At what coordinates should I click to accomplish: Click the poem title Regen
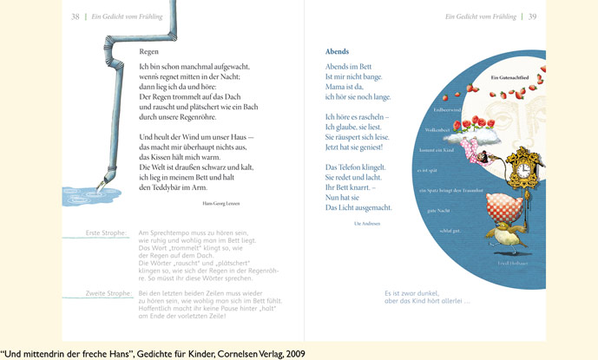[148, 52]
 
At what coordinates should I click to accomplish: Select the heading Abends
[337, 52]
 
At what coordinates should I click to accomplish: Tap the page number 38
[75, 16]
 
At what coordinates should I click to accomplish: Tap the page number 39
[532, 16]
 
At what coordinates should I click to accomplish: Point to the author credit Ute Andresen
[368, 224]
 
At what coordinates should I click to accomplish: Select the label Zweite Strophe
[105, 294]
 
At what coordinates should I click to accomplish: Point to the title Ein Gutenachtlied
[508, 80]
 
